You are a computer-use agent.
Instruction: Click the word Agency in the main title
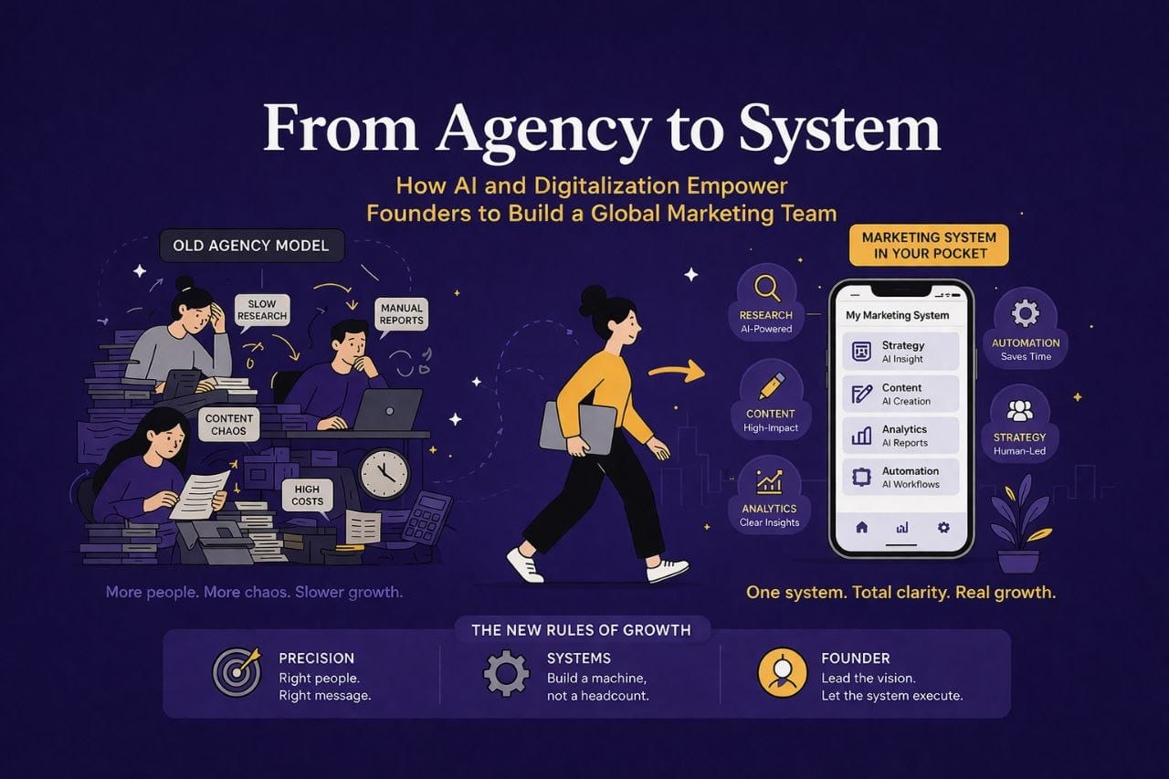coord(543,130)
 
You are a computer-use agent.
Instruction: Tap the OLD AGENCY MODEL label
coord(251,246)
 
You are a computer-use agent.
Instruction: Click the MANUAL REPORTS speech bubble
coord(401,314)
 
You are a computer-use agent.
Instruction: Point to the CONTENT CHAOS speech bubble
coord(228,425)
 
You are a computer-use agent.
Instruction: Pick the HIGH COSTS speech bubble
coord(308,495)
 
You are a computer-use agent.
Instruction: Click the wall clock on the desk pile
coord(385,474)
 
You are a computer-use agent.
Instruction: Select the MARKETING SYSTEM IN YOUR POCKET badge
coord(929,246)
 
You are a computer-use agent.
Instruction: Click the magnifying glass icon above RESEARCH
coord(767,288)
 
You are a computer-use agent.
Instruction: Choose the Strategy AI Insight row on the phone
coord(900,352)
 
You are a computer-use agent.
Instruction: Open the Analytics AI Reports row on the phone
coord(900,436)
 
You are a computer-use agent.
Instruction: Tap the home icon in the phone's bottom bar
coord(861,528)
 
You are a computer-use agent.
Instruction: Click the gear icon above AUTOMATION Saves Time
coord(1026,313)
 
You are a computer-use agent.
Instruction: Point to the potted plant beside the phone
coord(1020,524)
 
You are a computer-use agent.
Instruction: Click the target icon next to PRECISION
coord(237,672)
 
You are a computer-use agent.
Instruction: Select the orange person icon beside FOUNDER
coord(783,673)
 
